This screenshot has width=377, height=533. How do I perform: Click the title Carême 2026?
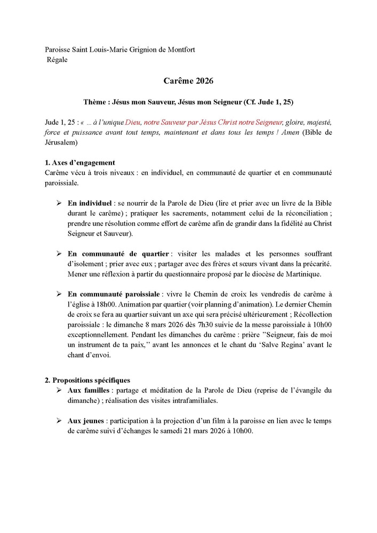(x=188, y=82)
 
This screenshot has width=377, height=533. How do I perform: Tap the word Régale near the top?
(x=58, y=59)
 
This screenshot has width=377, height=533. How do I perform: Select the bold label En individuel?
(x=89, y=203)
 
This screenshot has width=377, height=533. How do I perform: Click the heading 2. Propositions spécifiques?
(x=87, y=379)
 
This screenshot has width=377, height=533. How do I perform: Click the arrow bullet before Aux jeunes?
(x=59, y=421)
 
